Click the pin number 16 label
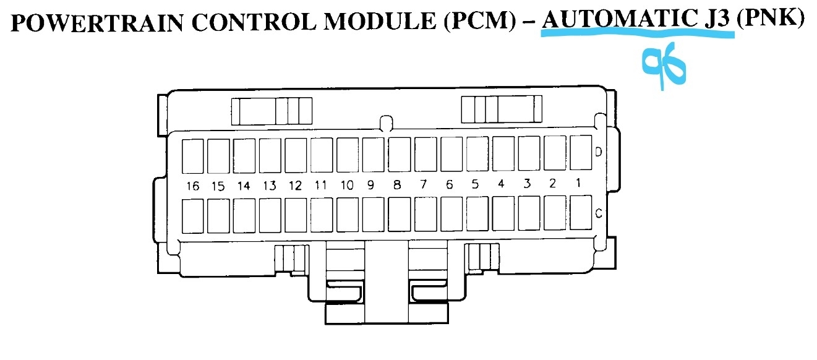(x=193, y=185)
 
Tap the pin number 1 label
(x=578, y=183)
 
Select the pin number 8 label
(x=396, y=184)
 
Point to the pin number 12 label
(x=295, y=185)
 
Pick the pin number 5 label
(x=475, y=184)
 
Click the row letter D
(x=598, y=152)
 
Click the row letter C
(x=598, y=213)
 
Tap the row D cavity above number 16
(x=193, y=155)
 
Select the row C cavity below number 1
(x=580, y=213)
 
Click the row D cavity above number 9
(x=373, y=155)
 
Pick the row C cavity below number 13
(x=270, y=215)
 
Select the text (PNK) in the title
(x=771, y=20)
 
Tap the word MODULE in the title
(x=377, y=22)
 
